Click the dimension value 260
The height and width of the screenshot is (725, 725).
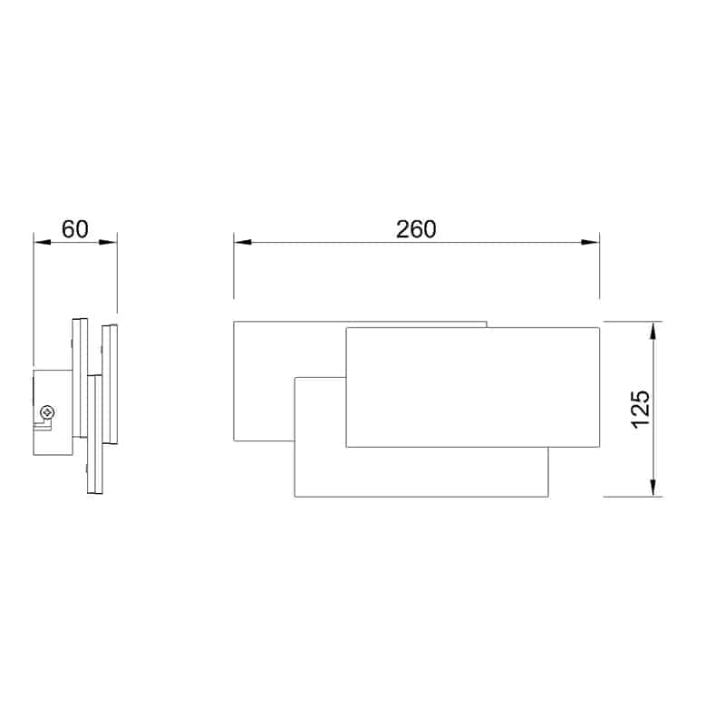click(x=416, y=228)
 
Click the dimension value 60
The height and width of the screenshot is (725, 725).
click(x=75, y=228)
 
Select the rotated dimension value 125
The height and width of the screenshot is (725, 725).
click(x=640, y=409)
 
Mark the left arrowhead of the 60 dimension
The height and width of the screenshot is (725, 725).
click(x=39, y=242)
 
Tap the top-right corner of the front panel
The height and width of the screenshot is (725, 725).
click(x=598, y=327)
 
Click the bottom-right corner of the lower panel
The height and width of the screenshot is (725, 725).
click(x=549, y=496)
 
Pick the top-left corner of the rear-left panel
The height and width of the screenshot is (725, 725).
click(x=234, y=322)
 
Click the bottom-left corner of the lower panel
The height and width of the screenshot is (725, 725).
click(x=295, y=496)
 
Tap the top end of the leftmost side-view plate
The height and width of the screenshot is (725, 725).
click(x=79, y=317)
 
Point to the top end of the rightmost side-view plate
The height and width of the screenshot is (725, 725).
click(x=110, y=326)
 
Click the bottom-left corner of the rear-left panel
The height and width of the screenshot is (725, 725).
click(x=234, y=441)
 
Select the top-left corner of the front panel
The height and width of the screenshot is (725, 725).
click(x=346, y=327)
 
